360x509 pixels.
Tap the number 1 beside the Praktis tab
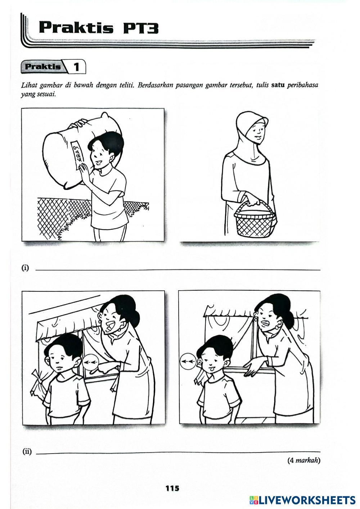point(76,67)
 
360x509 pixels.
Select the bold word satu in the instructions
point(278,86)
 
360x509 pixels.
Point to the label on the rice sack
point(77,153)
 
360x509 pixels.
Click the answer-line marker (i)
point(25,268)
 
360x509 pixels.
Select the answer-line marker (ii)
point(27,451)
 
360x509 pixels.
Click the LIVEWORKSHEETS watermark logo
point(302,500)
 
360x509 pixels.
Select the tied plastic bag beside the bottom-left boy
point(37,383)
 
